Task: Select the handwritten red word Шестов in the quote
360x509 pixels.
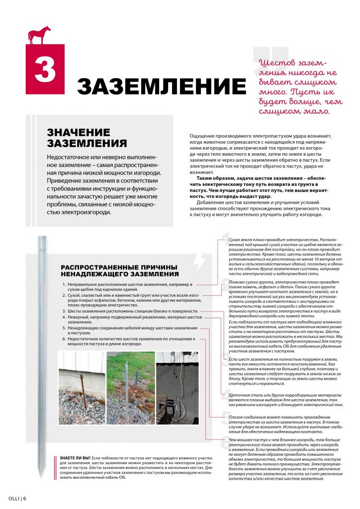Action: (277, 64)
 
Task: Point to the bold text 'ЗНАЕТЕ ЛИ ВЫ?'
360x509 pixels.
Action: (75, 457)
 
